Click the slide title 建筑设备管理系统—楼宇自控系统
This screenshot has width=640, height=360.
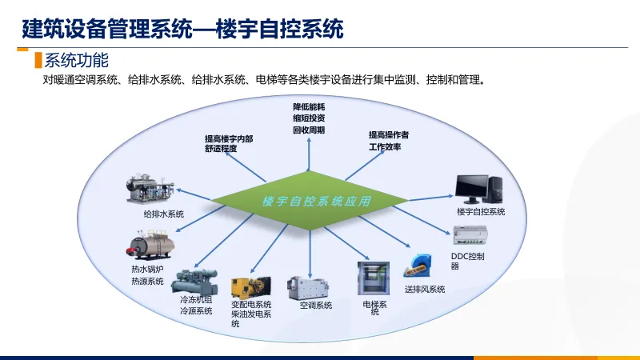pyautogui.click(x=182, y=30)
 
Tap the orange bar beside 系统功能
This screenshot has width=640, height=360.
pyautogui.click(x=38, y=61)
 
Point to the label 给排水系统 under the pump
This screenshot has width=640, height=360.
pyautogui.click(x=164, y=214)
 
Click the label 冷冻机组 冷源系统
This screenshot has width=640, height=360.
pyautogui.click(x=196, y=306)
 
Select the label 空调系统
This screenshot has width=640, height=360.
pyautogui.click(x=315, y=306)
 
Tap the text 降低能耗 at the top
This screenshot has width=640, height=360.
pyautogui.click(x=309, y=106)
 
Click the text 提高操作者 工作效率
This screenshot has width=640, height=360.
pyautogui.click(x=389, y=141)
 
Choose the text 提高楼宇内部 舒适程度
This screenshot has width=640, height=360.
pyautogui.click(x=229, y=143)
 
